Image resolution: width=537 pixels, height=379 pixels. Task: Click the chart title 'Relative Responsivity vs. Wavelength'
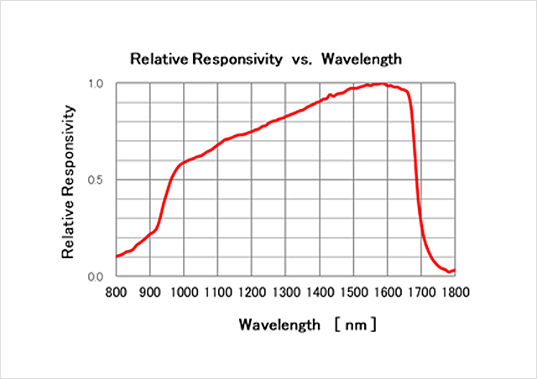pyautogui.click(x=266, y=60)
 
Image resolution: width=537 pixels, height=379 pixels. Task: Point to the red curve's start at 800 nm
pyautogui.click(x=117, y=256)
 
